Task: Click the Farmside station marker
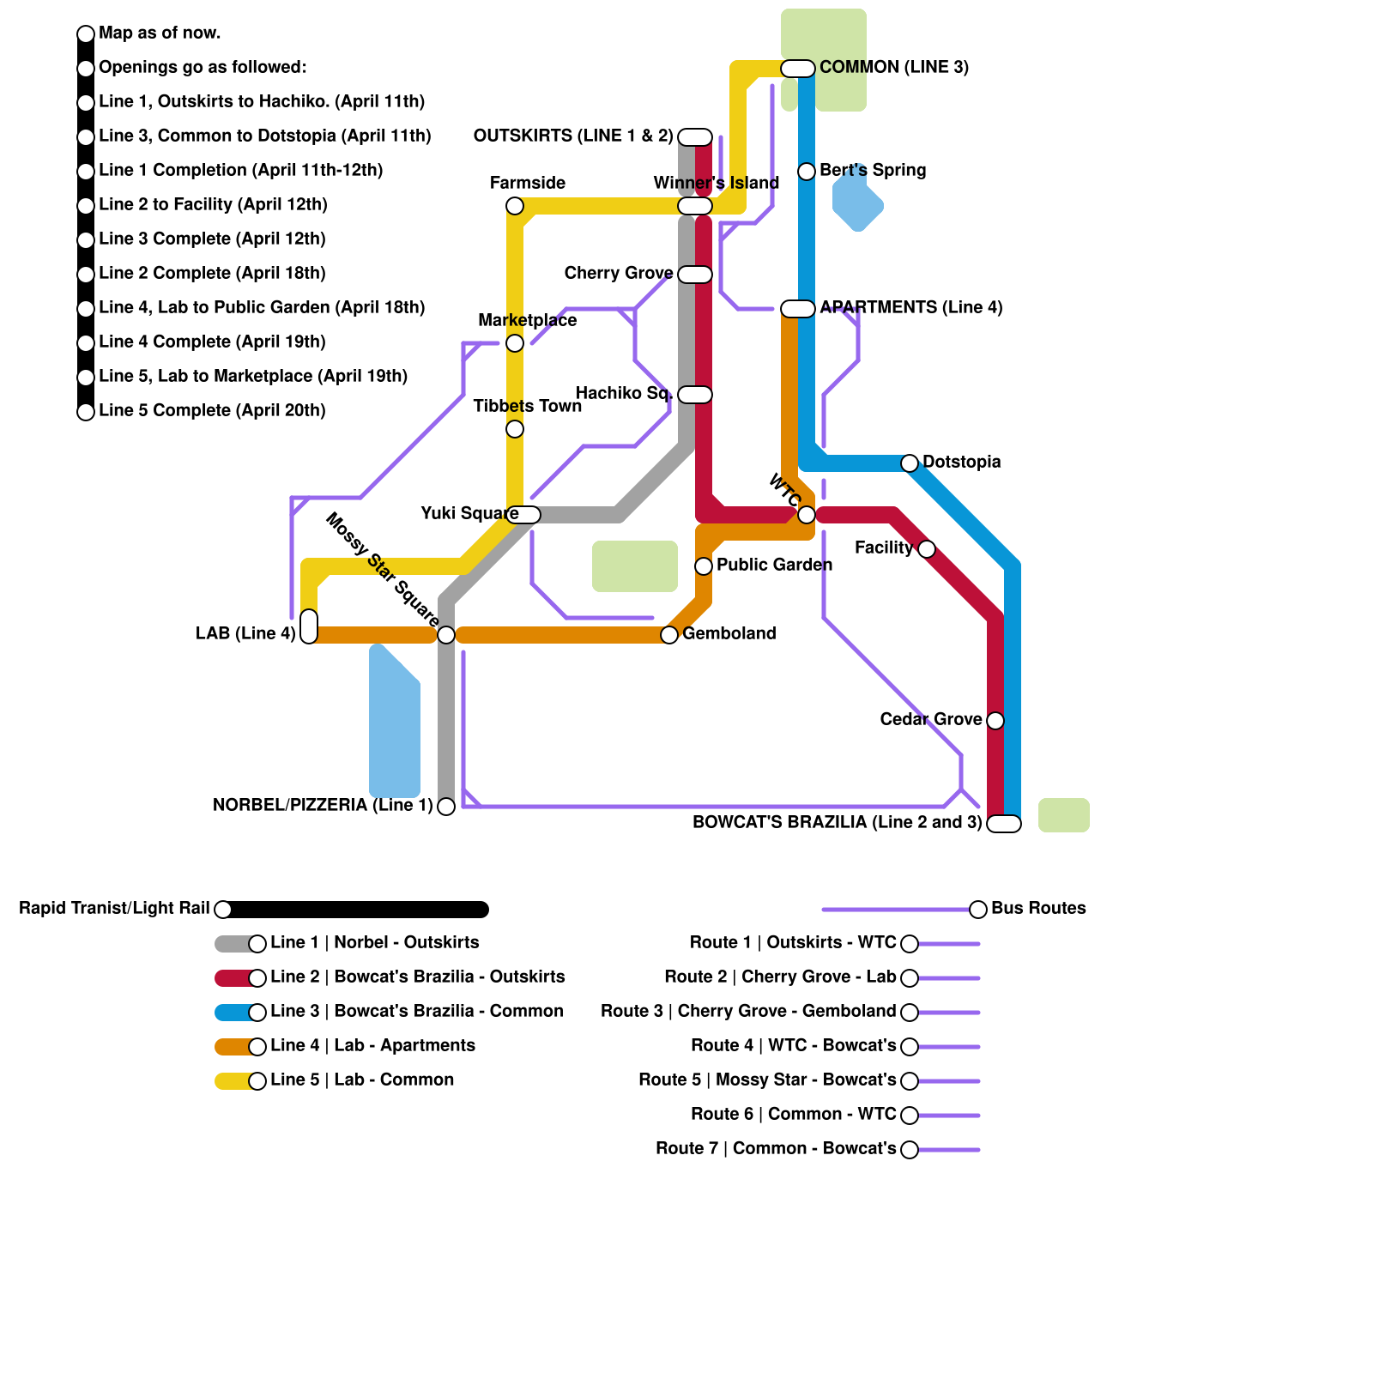(x=515, y=206)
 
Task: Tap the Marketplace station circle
(x=515, y=343)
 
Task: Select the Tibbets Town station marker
(x=515, y=429)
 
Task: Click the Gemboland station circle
(x=669, y=635)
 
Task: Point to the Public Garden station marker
(x=704, y=566)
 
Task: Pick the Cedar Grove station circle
(x=995, y=721)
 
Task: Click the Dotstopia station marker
(x=910, y=463)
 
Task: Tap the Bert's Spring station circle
(x=807, y=172)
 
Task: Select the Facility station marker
(x=927, y=549)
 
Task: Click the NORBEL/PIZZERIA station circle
(x=446, y=807)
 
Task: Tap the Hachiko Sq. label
(x=623, y=393)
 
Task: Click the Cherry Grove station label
(x=618, y=273)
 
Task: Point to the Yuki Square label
(x=469, y=513)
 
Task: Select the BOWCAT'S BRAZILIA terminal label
(x=837, y=822)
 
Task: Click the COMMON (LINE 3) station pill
(x=798, y=69)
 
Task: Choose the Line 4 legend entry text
(x=372, y=1045)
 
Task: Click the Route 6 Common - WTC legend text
(x=793, y=1114)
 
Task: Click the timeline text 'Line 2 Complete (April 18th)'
(x=212, y=273)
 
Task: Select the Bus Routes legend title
(x=1038, y=908)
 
